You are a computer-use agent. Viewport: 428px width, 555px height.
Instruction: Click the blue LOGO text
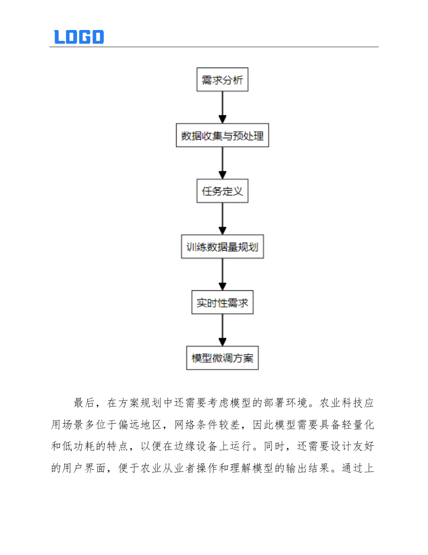[x=79, y=36]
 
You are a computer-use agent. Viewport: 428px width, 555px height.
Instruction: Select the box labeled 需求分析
[x=222, y=80]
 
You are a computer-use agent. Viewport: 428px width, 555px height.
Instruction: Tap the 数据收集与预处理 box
[x=222, y=136]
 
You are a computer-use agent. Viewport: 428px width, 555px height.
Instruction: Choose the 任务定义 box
[x=222, y=191]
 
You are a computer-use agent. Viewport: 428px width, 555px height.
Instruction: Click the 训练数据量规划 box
[x=222, y=247]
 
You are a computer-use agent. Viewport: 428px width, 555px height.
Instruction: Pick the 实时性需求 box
[x=222, y=303]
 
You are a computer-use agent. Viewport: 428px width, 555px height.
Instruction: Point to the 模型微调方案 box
[x=222, y=358]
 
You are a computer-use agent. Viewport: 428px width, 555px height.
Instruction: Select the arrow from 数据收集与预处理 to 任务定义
[x=222, y=163]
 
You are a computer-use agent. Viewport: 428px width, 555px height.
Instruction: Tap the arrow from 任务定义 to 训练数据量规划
[x=222, y=219]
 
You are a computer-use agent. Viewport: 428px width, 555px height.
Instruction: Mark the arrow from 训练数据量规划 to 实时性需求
[x=222, y=275]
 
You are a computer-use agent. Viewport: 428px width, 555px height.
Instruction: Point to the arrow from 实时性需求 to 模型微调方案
[x=222, y=331]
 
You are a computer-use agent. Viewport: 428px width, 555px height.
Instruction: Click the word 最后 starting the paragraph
[x=80, y=403]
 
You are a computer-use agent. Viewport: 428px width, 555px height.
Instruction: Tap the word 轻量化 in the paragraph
[x=361, y=425]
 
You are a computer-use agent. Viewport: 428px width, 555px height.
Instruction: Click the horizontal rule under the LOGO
[x=214, y=47]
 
